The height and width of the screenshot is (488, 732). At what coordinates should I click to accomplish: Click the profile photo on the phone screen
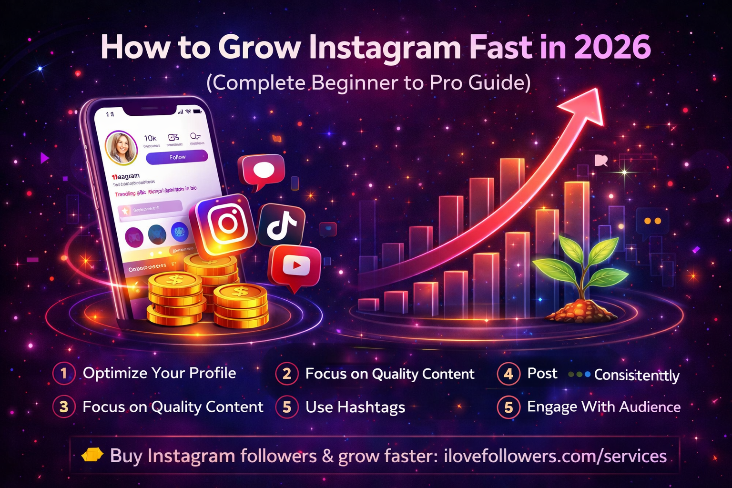121,147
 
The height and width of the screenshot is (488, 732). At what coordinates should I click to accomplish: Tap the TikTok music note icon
282,224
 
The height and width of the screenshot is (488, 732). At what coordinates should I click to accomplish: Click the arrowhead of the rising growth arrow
584,108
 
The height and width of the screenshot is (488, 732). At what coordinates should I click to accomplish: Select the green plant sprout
581,267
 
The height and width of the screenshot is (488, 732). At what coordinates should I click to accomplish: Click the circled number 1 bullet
64,373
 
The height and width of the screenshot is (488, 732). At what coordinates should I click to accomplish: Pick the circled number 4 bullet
508,374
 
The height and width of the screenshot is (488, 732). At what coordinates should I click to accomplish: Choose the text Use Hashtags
355,407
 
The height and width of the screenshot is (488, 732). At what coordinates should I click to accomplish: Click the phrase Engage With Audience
604,407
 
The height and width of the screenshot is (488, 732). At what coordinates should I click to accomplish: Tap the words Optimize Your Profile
159,373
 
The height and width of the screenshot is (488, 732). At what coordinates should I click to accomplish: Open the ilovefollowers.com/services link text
555,456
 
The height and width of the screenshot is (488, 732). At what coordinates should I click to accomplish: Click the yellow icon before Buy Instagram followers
92,455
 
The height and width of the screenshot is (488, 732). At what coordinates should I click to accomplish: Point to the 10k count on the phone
150,138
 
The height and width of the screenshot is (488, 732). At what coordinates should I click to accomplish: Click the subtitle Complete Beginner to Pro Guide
368,83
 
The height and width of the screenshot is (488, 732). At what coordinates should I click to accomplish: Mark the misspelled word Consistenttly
637,376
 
